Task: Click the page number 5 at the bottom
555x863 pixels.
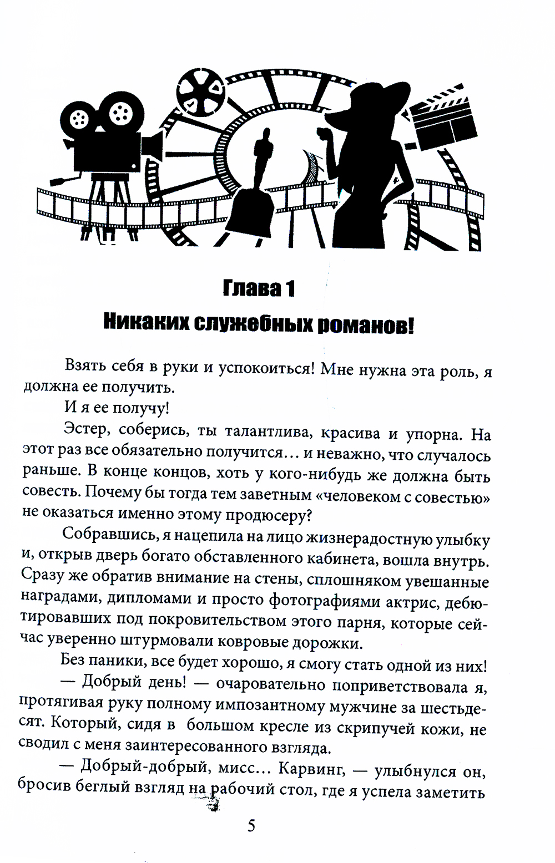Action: tap(251, 826)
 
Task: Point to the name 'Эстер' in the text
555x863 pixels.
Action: tap(85, 435)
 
